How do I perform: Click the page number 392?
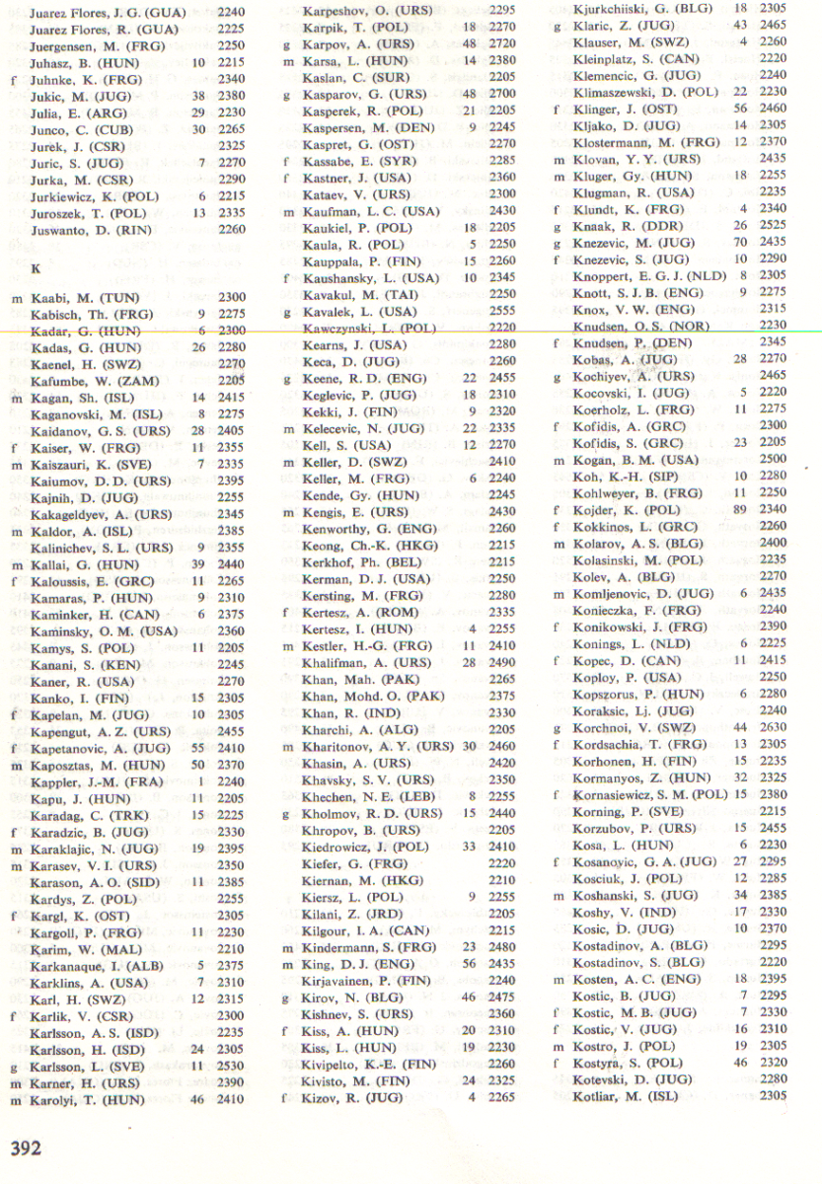(26, 1148)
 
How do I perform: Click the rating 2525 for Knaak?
(774, 226)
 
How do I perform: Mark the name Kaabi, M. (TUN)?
(70, 297)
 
